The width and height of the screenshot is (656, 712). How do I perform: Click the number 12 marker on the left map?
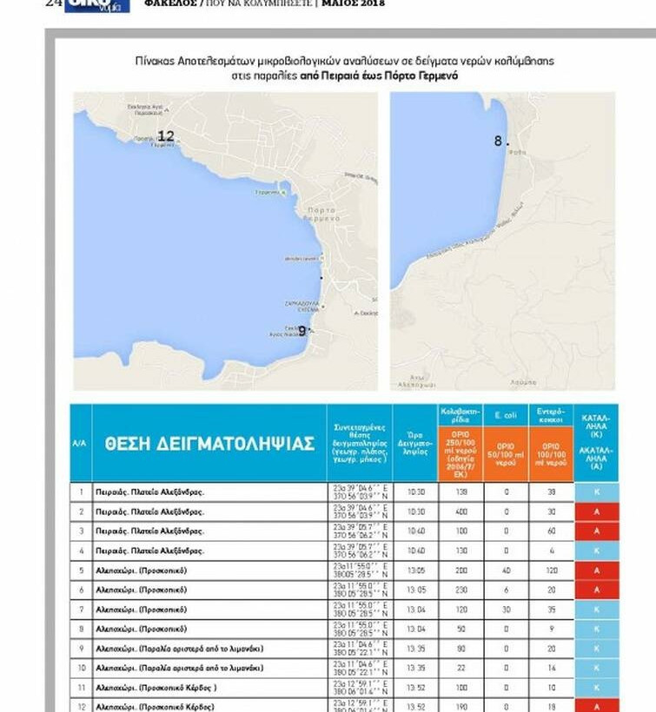(x=165, y=136)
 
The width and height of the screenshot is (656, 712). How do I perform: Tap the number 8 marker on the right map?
(x=499, y=141)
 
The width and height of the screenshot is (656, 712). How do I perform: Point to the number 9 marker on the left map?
(x=302, y=330)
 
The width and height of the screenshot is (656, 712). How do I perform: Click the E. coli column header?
(x=506, y=414)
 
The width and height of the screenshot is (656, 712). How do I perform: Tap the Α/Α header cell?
(x=80, y=444)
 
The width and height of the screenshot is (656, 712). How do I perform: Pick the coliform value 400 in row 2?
(x=461, y=512)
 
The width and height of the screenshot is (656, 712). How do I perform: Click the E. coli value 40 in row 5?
(x=506, y=570)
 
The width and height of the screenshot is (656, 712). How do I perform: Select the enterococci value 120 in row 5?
(x=551, y=570)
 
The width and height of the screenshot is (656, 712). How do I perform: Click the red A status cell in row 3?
(x=596, y=531)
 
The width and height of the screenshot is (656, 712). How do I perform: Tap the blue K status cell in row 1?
(x=596, y=492)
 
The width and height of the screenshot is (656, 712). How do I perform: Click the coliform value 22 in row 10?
(x=461, y=668)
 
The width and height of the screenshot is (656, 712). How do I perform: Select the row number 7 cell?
(x=80, y=610)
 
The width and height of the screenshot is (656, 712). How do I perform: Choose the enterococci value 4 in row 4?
(x=551, y=550)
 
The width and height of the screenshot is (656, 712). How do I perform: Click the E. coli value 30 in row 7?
(x=506, y=610)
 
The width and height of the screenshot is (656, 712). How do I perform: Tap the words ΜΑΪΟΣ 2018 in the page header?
(x=352, y=3)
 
